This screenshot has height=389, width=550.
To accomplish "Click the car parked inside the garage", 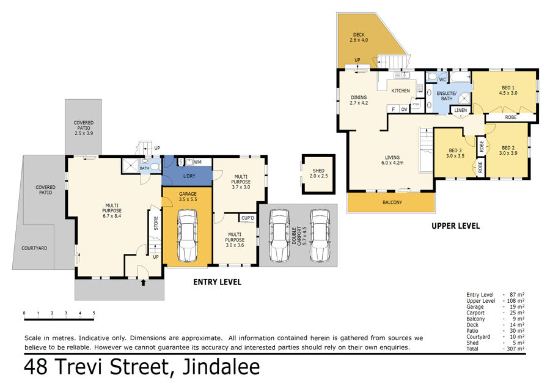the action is pyautogui.click(x=188, y=235).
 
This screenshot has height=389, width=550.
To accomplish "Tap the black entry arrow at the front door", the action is pyautogui.click(x=143, y=283).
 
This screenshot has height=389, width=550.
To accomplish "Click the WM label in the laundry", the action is pyautogui.click(x=197, y=162).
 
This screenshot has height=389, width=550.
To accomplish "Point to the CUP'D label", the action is pyautogui.click(x=248, y=218).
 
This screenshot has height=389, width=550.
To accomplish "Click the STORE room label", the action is pyautogui.click(x=156, y=223).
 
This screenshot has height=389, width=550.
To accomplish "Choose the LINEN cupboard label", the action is pyautogui.click(x=461, y=110).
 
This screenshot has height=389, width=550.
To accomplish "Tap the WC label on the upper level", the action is pyautogui.click(x=442, y=80).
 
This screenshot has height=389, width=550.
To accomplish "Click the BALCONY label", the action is pyautogui.click(x=392, y=202).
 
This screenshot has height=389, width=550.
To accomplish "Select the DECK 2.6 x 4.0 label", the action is pyautogui.click(x=359, y=37).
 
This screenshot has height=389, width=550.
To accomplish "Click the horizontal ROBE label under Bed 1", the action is pyautogui.click(x=511, y=117).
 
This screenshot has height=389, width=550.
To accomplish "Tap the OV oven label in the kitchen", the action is pyautogui.click(x=405, y=109).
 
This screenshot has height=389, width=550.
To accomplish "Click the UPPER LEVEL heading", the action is pyautogui.click(x=456, y=226).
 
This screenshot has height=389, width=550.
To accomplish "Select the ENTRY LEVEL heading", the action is pyautogui.click(x=218, y=282).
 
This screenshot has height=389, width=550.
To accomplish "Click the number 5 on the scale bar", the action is pyautogui.click(x=94, y=313).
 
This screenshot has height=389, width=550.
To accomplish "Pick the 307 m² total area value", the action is pyautogui.click(x=516, y=349).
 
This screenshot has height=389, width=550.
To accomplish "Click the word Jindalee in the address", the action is pyautogui.click(x=221, y=367).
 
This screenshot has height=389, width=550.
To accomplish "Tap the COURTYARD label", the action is pyautogui.click(x=34, y=248).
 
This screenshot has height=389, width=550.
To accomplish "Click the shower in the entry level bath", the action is pyautogui.click(x=130, y=165).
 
